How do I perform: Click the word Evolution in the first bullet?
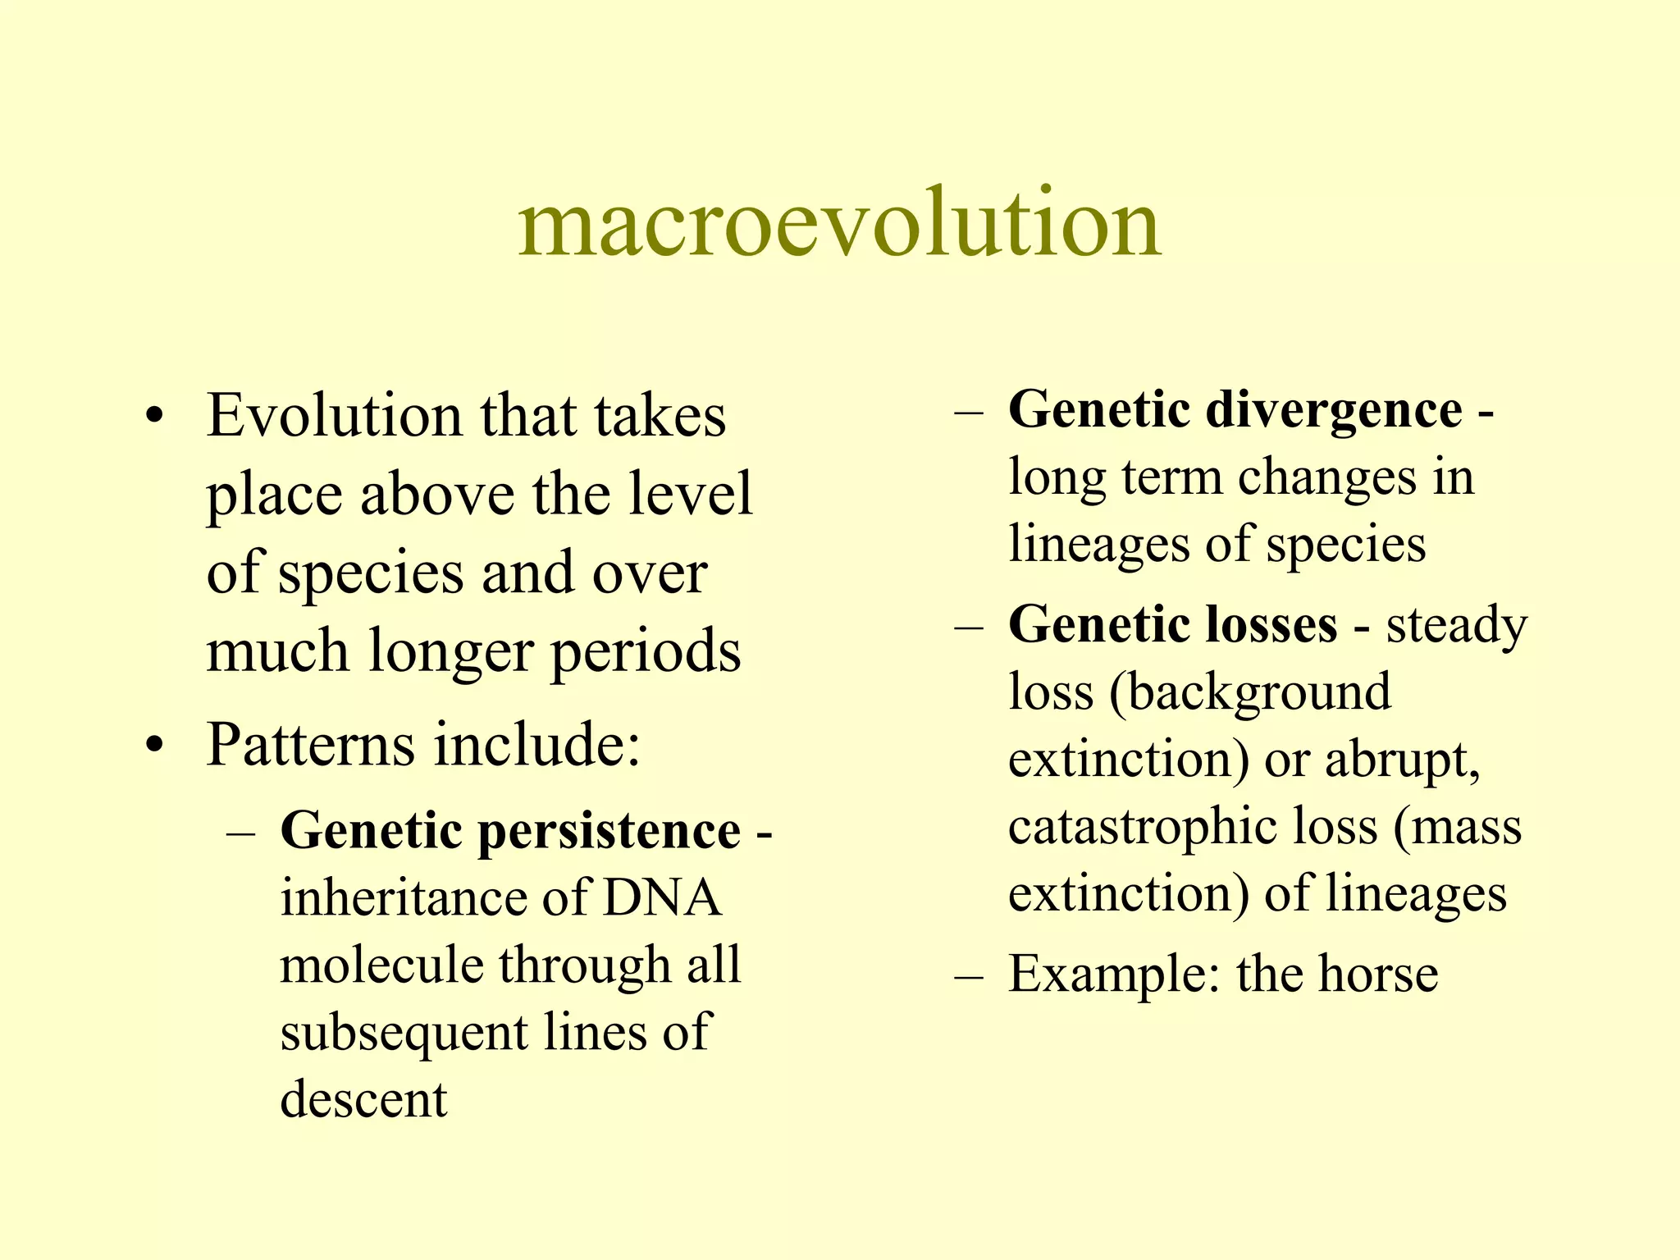[335, 416]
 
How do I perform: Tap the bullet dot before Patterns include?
[155, 746]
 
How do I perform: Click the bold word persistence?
[609, 831]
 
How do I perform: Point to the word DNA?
[662, 898]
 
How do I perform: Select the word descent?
[363, 1099]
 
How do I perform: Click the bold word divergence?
[1334, 410]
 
